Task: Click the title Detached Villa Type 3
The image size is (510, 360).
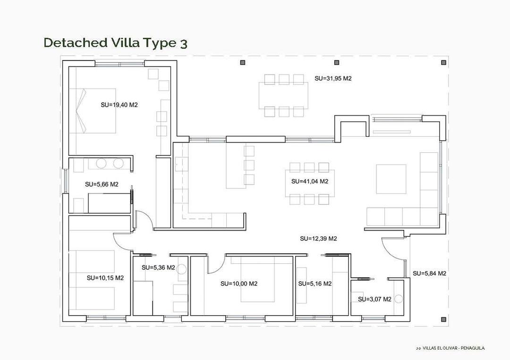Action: coord(115,43)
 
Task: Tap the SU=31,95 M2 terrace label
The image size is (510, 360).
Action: coord(333,78)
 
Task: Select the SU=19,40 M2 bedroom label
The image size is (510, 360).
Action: coord(119,105)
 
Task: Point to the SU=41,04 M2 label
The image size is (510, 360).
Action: coord(310,181)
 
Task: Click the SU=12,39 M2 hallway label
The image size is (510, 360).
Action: coord(318,239)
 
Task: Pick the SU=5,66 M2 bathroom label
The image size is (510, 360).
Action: coord(102,184)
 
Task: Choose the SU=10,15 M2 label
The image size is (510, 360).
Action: coord(105,278)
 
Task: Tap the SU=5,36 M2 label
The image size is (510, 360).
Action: coord(158,268)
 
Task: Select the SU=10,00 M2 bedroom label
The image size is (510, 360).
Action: coord(239,284)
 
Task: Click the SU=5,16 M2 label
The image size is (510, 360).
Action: coord(315,284)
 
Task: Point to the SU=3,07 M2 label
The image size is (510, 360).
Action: coord(374,299)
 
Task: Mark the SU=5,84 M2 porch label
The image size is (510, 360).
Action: coord(429,273)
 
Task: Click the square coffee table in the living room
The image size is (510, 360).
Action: coord(391,179)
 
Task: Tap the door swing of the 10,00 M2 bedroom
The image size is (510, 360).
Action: coord(214,264)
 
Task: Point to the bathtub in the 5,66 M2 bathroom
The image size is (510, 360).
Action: coord(109,203)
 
